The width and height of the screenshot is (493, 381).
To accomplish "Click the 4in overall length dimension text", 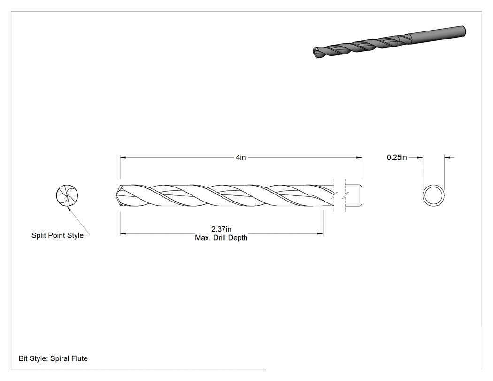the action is (240, 157).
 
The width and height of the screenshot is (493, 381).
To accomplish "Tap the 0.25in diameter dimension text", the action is (397, 157).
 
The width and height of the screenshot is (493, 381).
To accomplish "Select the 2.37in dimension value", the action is (221, 229).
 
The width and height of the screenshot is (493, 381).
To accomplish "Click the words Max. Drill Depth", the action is (221, 238).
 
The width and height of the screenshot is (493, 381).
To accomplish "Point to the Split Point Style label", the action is (58, 235).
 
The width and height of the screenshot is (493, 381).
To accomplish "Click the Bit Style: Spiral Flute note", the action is (53, 358).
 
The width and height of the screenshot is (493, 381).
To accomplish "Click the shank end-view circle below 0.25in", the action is (433, 185).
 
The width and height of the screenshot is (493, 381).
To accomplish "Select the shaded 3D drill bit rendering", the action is (389, 42).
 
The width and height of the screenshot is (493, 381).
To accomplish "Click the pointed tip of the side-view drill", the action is (116, 195).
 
